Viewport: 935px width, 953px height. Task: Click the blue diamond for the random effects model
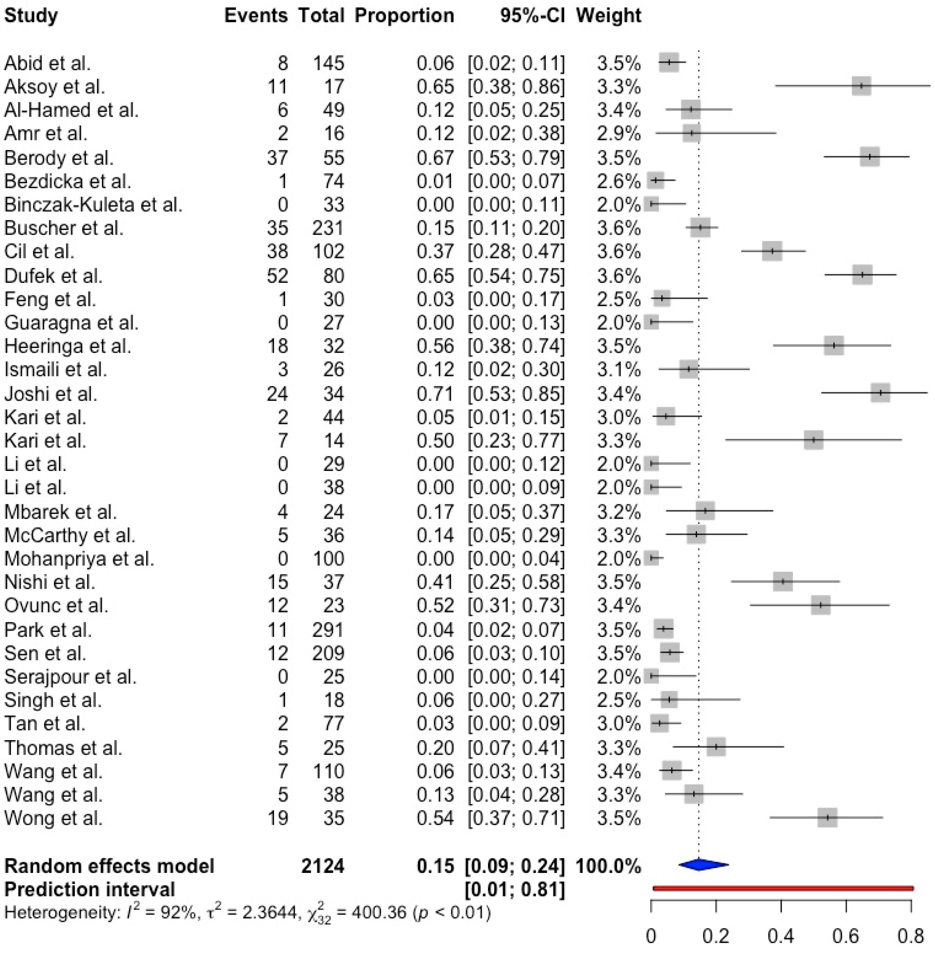pos(703,865)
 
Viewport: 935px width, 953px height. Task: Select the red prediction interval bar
pos(783,888)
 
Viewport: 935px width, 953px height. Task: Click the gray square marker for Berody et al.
pos(869,157)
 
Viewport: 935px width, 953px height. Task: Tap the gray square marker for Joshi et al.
pos(880,393)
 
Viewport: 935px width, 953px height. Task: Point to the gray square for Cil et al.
pos(772,251)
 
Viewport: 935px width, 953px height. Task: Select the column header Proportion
pos(404,16)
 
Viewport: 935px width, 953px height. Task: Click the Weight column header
pos(609,16)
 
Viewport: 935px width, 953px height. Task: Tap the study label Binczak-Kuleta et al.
pos(93,204)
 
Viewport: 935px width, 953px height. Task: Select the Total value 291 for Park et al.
pos(329,630)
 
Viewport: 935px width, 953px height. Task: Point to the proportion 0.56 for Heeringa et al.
pos(435,346)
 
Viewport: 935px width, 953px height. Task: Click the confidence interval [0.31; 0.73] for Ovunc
pos(516,606)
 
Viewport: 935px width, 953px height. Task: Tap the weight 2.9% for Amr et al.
pos(619,134)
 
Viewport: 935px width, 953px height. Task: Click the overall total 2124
pos(323,866)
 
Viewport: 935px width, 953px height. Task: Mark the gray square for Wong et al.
pos(827,817)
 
